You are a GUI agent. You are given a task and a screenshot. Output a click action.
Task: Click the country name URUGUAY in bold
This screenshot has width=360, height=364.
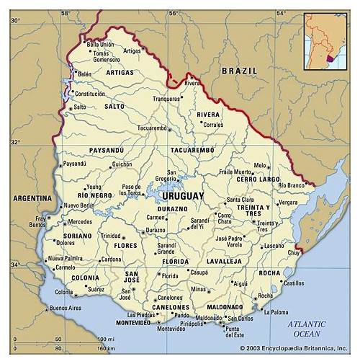(x=183, y=196)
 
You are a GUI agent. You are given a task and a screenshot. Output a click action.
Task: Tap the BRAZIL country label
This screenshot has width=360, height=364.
(x=239, y=71)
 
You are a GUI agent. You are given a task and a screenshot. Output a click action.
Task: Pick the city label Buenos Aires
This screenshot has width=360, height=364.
(x=64, y=309)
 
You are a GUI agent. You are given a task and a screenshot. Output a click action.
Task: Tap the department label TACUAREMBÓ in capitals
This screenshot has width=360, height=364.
(x=192, y=150)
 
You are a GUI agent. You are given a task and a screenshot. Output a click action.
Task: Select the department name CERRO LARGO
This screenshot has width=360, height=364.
(x=258, y=179)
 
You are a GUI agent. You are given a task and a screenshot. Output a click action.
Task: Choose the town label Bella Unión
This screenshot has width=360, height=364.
(x=102, y=45)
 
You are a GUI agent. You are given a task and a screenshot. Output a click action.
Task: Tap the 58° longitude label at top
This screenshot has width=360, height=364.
(x=65, y=13)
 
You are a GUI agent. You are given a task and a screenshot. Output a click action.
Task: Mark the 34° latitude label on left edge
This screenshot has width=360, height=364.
(x=14, y=265)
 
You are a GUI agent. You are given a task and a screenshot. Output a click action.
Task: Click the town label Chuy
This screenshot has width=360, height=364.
(x=293, y=253)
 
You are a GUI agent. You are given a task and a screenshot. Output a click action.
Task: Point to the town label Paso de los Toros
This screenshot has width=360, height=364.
(x=130, y=190)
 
